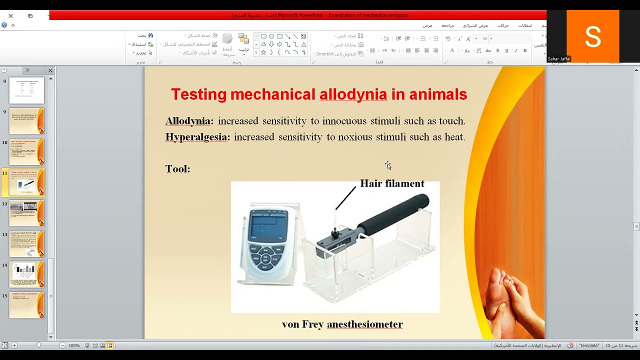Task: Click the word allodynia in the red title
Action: pyautogui.click(x=353, y=94)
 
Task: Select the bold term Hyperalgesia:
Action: pyautogui.click(x=197, y=137)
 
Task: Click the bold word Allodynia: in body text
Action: pyautogui.click(x=189, y=121)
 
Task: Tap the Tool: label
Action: pyautogui.click(x=177, y=169)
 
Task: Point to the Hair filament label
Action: pyautogui.click(x=392, y=183)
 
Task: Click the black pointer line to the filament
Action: pyautogui.click(x=345, y=198)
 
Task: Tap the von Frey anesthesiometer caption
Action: pyautogui.click(x=342, y=324)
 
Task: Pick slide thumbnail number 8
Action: pyautogui.click(x=26, y=90)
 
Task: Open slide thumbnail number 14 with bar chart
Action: pyautogui.click(x=26, y=274)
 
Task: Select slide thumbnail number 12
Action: pyautogui.click(x=26, y=213)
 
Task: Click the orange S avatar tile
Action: pyautogui.click(x=592, y=36)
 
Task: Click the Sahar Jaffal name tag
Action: pyautogui.click(x=559, y=59)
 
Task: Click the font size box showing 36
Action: pyautogui.click(x=485, y=38)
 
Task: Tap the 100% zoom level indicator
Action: pyautogui.click(x=74, y=345)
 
